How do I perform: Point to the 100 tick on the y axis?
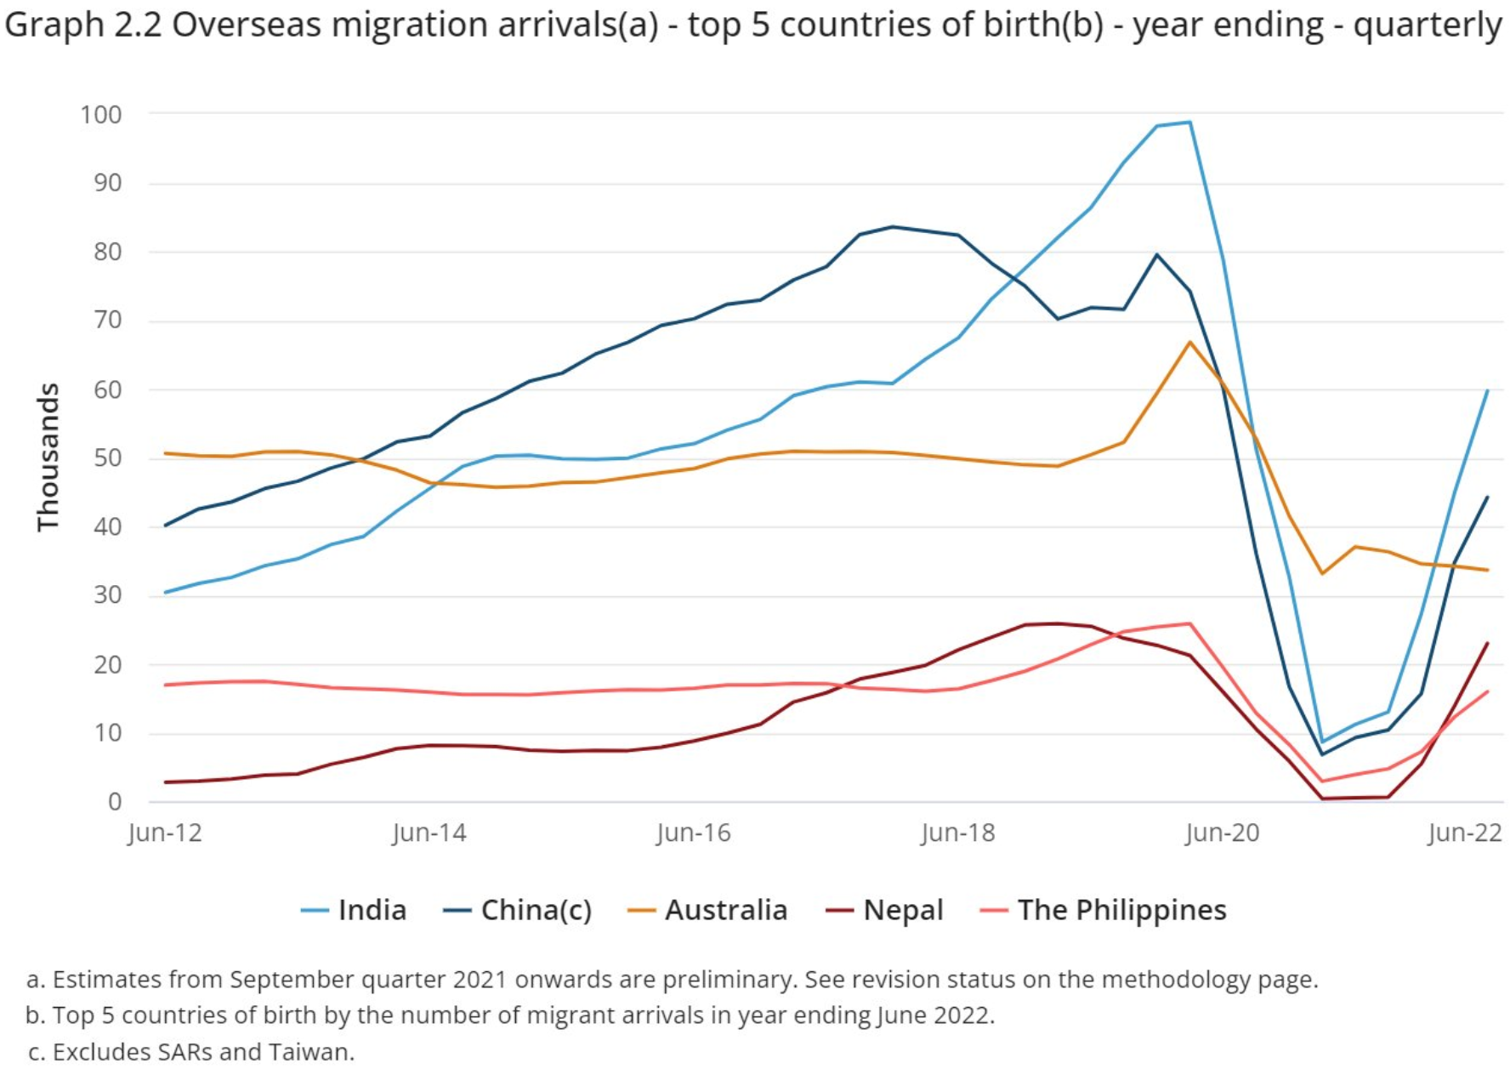click(x=101, y=114)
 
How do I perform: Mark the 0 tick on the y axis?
click(x=115, y=802)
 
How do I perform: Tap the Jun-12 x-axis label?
click(x=165, y=833)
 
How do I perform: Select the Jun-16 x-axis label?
click(x=694, y=833)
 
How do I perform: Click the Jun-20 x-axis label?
click(x=1222, y=833)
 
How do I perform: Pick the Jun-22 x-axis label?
click(x=1465, y=833)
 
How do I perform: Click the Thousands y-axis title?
click(x=48, y=458)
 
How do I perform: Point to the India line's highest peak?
click(x=1189, y=122)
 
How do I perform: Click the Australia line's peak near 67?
click(x=1189, y=342)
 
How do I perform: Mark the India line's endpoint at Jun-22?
click(x=1487, y=390)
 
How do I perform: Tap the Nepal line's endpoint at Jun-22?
click(x=1487, y=643)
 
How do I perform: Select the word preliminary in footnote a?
click(x=729, y=980)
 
